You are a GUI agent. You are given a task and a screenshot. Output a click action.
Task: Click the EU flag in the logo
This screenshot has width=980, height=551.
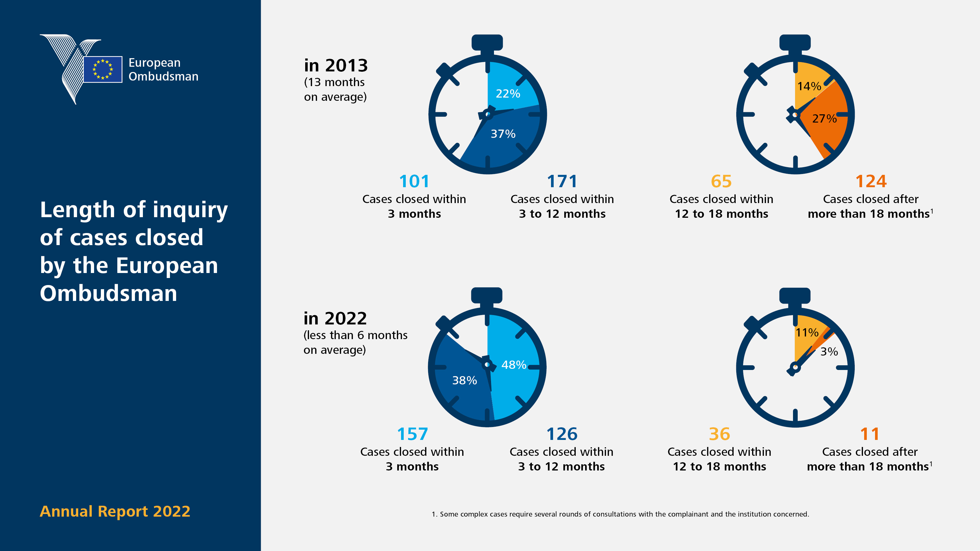coord(103,69)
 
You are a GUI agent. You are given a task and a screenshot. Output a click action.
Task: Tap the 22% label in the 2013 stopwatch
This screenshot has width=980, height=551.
coord(508,93)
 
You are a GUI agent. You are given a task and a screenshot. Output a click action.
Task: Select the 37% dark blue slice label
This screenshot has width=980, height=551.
coord(503,134)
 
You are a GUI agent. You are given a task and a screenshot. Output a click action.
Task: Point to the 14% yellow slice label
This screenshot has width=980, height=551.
coord(809,86)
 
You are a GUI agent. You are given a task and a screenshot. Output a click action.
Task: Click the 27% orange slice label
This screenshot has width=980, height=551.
coord(824,119)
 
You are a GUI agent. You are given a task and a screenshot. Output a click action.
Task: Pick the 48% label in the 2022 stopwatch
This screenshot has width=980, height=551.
coord(514,365)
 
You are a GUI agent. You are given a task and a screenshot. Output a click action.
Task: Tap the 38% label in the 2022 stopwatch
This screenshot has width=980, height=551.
coord(465,380)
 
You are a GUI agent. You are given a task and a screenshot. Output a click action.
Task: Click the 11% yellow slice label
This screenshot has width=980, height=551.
coord(807,333)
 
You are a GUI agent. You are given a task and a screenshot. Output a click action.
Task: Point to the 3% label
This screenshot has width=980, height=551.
coord(829,352)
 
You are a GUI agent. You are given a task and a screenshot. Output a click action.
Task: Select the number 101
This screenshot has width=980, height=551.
coord(414,181)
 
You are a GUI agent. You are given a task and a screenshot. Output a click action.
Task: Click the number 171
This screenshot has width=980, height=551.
coord(562,181)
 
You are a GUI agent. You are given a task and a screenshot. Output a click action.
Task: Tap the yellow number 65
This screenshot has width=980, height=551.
coord(721,181)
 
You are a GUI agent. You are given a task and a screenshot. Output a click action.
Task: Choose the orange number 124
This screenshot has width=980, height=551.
coord(871,181)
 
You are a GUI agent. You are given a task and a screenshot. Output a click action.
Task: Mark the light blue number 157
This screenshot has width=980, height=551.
coord(413,434)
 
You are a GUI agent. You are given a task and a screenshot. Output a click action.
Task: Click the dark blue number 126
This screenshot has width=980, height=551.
coord(562,434)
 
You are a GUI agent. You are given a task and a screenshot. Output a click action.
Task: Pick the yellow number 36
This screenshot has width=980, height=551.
coord(719,434)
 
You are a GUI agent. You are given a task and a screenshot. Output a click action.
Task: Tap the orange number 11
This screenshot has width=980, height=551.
coord(870,434)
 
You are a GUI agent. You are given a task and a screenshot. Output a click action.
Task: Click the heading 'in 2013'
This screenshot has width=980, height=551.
coord(336,66)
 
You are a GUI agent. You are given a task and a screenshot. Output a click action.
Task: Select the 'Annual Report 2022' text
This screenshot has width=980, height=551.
coord(115,511)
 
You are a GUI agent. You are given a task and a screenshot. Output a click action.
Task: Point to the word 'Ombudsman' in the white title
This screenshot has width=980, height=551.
coord(108,294)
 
